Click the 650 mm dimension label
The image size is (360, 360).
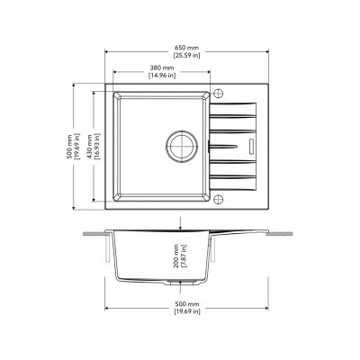pyautogui.click(x=186, y=48)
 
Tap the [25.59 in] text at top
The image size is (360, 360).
pyautogui.click(x=186, y=56)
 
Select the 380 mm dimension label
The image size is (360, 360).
pyautogui.click(x=162, y=68)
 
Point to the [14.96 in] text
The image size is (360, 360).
pyautogui.click(x=162, y=76)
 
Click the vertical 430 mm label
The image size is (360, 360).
pyautogui.click(x=89, y=147)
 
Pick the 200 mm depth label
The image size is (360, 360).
pyautogui.click(x=175, y=256)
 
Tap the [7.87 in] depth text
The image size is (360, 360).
pyautogui.click(x=184, y=256)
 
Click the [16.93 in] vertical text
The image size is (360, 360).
pyautogui.click(x=97, y=147)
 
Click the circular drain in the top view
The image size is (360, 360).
pyautogui.click(x=181, y=147)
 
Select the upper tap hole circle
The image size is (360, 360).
pyautogui.click(x=219, y=93)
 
